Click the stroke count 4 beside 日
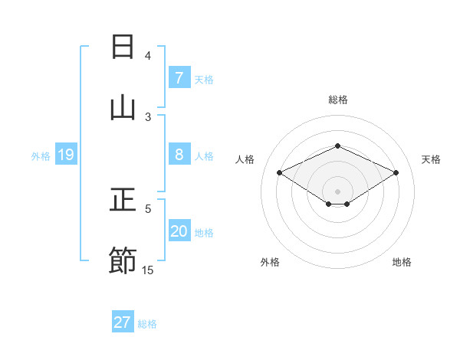148,56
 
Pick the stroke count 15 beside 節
148,270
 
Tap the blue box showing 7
179,77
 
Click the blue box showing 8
179,155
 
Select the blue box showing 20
179,231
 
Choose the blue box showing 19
66,155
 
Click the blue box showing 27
123,322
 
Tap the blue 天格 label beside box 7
204,79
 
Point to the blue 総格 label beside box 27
147,324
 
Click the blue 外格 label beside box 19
41,156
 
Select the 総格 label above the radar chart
337,100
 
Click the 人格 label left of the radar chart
245,159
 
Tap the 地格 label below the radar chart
402,263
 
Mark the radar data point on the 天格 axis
396,172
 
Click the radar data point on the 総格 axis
337,146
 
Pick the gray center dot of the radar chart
337,191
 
